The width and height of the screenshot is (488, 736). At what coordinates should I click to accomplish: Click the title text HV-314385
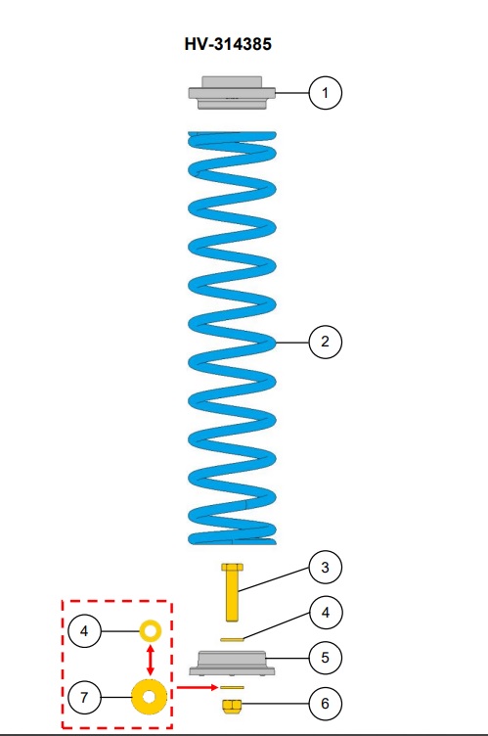coord(228,44)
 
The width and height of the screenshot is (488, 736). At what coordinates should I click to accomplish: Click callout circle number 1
coord(326,93)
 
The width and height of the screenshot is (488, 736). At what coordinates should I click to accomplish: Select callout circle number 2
coord(326,342)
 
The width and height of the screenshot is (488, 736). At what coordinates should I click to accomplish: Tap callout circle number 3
coord(326,567)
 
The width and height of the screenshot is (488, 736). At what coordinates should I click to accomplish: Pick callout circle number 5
coord(326,658)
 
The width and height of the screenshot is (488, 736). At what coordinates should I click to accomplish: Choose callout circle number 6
coord(326,703)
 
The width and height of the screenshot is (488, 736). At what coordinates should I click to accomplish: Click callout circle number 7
coord(84,697)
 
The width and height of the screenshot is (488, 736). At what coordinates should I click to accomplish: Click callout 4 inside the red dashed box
coord(84,631)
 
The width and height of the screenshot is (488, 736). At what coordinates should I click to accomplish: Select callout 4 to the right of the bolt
coord(326,613)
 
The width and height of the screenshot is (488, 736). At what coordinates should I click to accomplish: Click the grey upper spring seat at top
coord(232,93)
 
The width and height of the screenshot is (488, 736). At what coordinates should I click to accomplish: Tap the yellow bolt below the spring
coord(232,592)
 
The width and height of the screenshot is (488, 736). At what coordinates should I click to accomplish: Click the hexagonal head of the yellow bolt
coord(232,567)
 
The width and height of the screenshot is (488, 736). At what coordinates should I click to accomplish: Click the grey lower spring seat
coord(232,663)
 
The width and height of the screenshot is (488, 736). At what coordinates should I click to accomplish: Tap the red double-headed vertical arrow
coord(151,660)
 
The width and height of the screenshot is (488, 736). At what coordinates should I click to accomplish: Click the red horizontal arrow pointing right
coord(198,688)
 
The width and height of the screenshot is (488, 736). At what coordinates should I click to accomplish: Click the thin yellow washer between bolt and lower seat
coord(232,639)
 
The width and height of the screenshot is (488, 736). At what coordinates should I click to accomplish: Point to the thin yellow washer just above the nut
coord(232,688)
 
